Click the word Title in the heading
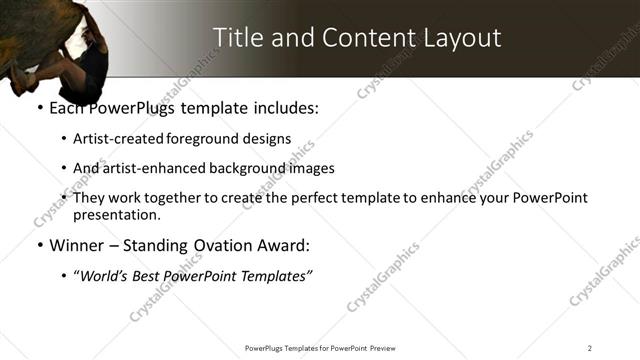pyautogui.click(x=237, y=37)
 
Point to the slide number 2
pyautogui.click(x=590, y=347)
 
